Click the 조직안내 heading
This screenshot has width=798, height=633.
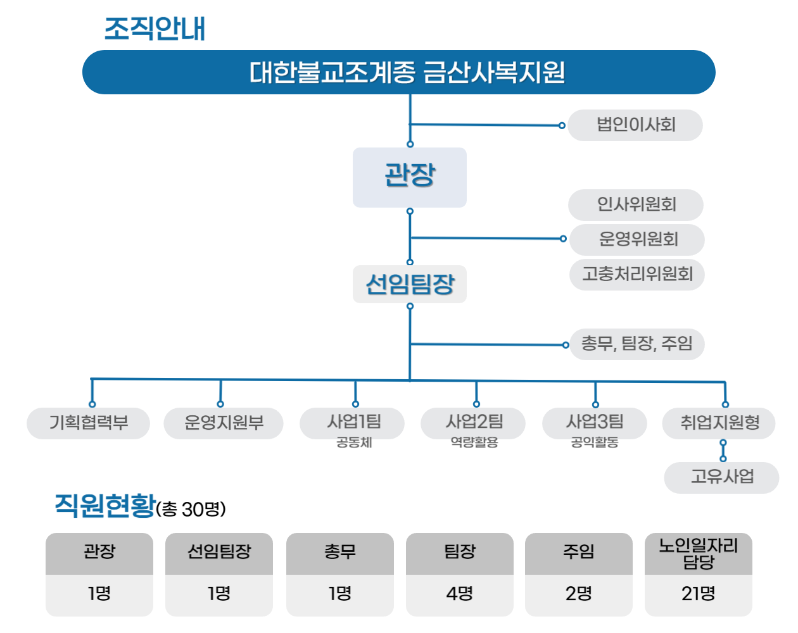pos(155,28)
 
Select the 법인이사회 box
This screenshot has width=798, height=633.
pos(635,125)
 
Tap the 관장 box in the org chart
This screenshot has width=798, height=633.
pos(409,177)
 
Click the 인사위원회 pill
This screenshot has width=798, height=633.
pos(636,204)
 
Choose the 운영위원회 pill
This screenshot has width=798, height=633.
pos(636,239)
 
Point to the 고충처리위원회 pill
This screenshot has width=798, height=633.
pos(636,274)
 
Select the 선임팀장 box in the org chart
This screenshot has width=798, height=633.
pos(409,284)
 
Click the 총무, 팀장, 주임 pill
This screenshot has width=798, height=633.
pos(636,344)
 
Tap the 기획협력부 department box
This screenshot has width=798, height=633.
pos(88,423)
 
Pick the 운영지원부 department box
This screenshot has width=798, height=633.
pos(223,423)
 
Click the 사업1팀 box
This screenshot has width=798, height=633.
pos(352,423)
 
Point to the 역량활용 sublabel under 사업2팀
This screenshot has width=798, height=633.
pos(474,442)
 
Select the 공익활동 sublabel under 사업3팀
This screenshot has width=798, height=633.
pos(595,442)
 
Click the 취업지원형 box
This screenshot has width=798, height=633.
pos(719,423)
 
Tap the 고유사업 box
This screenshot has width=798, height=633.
pos(721,477)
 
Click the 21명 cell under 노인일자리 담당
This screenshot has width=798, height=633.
pos(698,595)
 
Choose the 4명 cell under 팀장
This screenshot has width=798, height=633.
pos(459,595)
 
